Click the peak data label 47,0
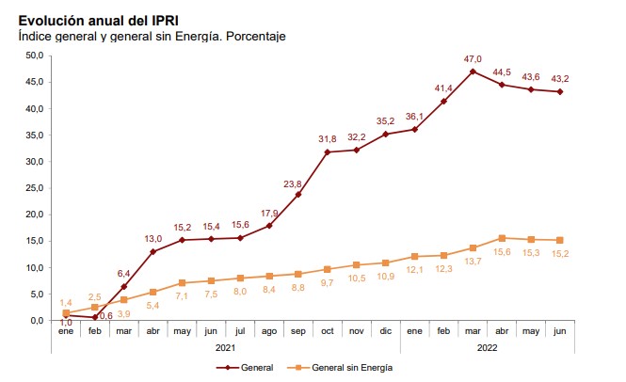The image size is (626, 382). (x=473, y=57)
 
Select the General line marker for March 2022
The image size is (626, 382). (x=473, y=72)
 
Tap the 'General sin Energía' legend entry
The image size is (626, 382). (x=347, y=367)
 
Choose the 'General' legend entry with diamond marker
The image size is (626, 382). (x=249, y=367)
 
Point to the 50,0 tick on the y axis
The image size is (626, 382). (x=35, y=56)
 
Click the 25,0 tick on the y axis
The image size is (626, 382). (x=35, y=188)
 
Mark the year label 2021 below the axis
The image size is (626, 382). (x=225, y=348)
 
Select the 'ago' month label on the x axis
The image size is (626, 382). (x=269, y=332)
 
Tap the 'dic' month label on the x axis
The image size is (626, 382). (x=385, y=332)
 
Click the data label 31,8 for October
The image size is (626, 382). (x=327, y=139)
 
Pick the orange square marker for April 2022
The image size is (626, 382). (x=502, y=238)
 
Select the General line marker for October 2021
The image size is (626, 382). (x=328, y=152)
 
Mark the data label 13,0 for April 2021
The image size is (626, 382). (x=152, y=238)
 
